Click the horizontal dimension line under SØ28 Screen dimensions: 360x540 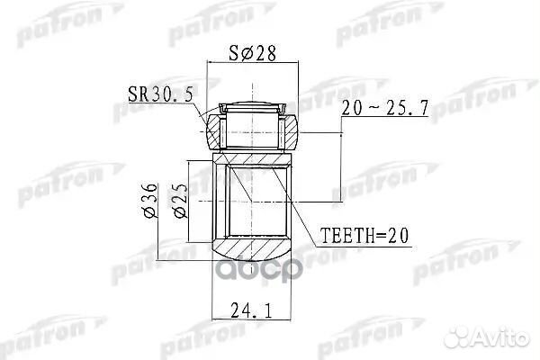251,62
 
